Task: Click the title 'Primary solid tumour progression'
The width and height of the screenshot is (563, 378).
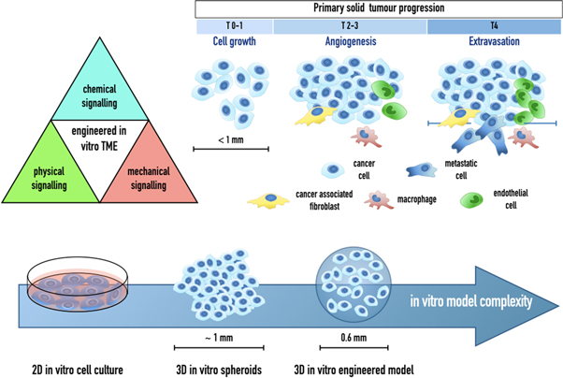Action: tap(376, 8)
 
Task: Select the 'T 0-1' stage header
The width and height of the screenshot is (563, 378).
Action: tap(233, 25)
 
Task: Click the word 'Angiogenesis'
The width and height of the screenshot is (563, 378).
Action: tap(350, 43)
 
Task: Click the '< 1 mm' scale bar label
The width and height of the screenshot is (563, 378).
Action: tap(230, 140)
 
